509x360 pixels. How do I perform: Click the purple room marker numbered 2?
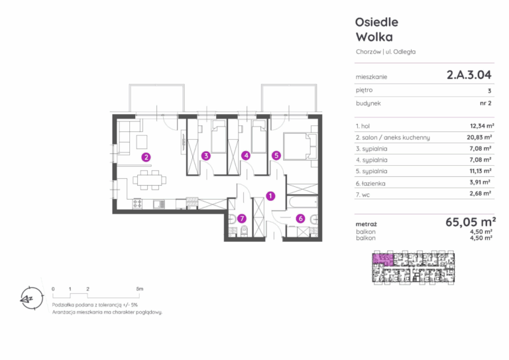pyautogui.click(x=146, y=157)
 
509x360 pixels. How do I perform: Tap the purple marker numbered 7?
pyautogui.click(x=241, y=219)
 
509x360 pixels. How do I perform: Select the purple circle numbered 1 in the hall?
pyautogui.click(x=270, y=196)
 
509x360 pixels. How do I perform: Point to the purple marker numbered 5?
pyautogui.click(x=276, y=156)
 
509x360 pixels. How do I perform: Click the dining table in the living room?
pyautogui.click(x=149, y=180)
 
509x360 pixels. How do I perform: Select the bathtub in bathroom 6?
pyautogui.click(x=302, y=202)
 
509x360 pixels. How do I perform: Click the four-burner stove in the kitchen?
pyautogui.click(x=137, y=204)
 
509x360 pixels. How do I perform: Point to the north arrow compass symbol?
pyautogui.click(x=32, y=298)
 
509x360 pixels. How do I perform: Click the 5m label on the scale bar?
pyautogui.click(x=140, y=288)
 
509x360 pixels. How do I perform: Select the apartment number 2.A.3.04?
pyautogui.click(x=469, y=75)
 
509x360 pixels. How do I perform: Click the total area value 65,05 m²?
pyautogui.click(x=471, y=222)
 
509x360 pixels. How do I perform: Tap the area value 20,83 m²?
pyautogui.click(x=479, y=137)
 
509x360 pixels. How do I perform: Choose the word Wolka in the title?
pyautogui.click(x=374, y=37)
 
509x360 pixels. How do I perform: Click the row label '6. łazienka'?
pyautogui.click(x=370, y=184)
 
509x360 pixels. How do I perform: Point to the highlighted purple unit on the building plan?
pyautogui.click(x=382, y=260)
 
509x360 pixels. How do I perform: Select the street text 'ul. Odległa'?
pyautogui.click(x=400, y=52)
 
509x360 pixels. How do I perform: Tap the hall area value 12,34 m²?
pyautogui.click(x=482, y=126)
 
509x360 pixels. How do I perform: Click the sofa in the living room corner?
pyautogui.click(x=127, y=137)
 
